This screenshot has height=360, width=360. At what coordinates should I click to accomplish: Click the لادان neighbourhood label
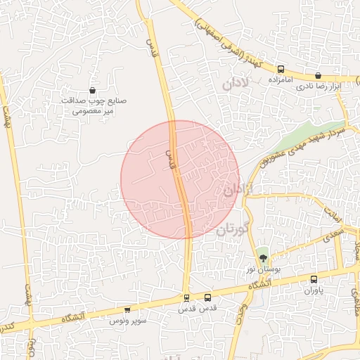(236, 84)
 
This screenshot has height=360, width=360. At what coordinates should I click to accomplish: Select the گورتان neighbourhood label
(233, 230)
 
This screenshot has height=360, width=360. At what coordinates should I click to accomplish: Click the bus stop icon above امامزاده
(281, 70)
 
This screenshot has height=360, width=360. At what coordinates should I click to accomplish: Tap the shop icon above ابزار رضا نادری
(318, 75)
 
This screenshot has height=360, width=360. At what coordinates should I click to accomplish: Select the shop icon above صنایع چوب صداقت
(93, 90)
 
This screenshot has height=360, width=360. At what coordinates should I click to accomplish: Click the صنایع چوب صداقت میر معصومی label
(93, 106)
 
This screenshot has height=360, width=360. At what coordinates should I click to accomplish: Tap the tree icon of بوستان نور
(263, 259)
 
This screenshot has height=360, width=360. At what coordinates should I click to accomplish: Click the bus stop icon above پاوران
(314, 279)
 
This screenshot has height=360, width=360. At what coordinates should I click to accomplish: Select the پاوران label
(311, 290)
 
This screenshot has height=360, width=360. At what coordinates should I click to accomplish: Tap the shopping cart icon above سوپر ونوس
(127, 309)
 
